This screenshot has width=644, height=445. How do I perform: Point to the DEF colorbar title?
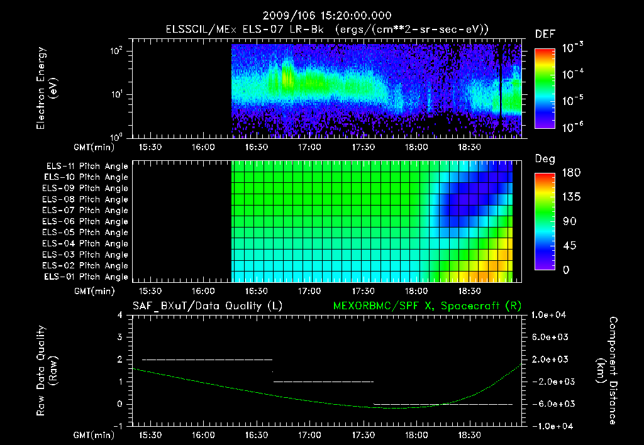coord(545,34)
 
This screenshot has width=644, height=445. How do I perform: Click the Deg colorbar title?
coord(545,159)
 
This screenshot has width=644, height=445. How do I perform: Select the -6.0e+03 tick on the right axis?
coord(551,404)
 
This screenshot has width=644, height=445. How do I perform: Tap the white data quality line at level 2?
coord(208,360)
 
